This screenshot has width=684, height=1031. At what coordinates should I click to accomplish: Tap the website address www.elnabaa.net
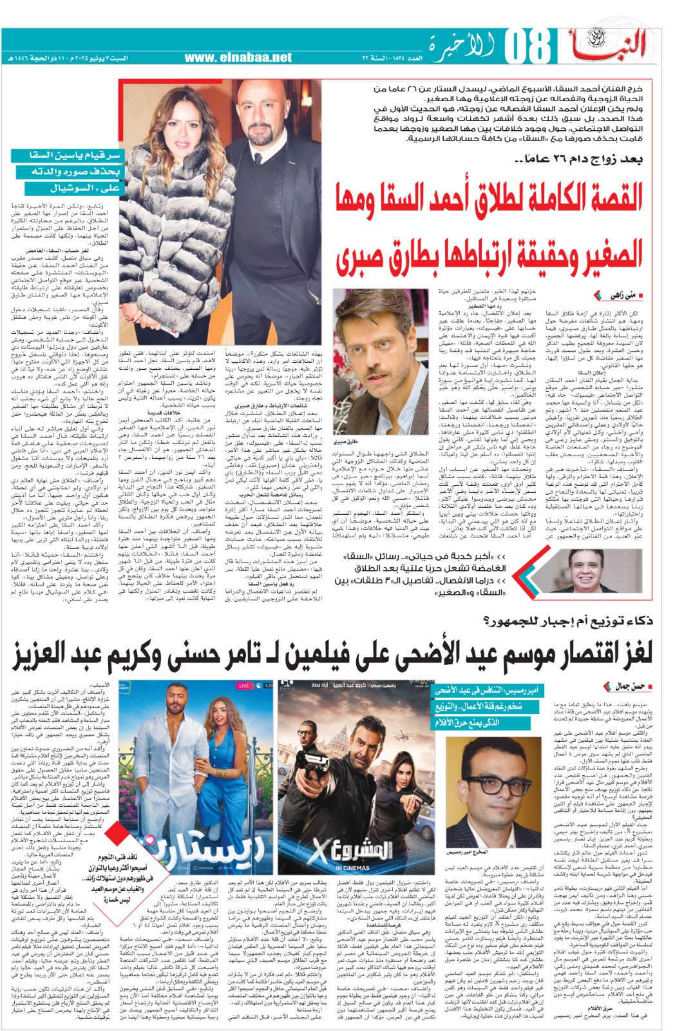click(x=238, y=57)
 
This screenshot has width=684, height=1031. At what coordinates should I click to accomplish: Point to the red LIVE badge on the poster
click(x=243, y=686)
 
